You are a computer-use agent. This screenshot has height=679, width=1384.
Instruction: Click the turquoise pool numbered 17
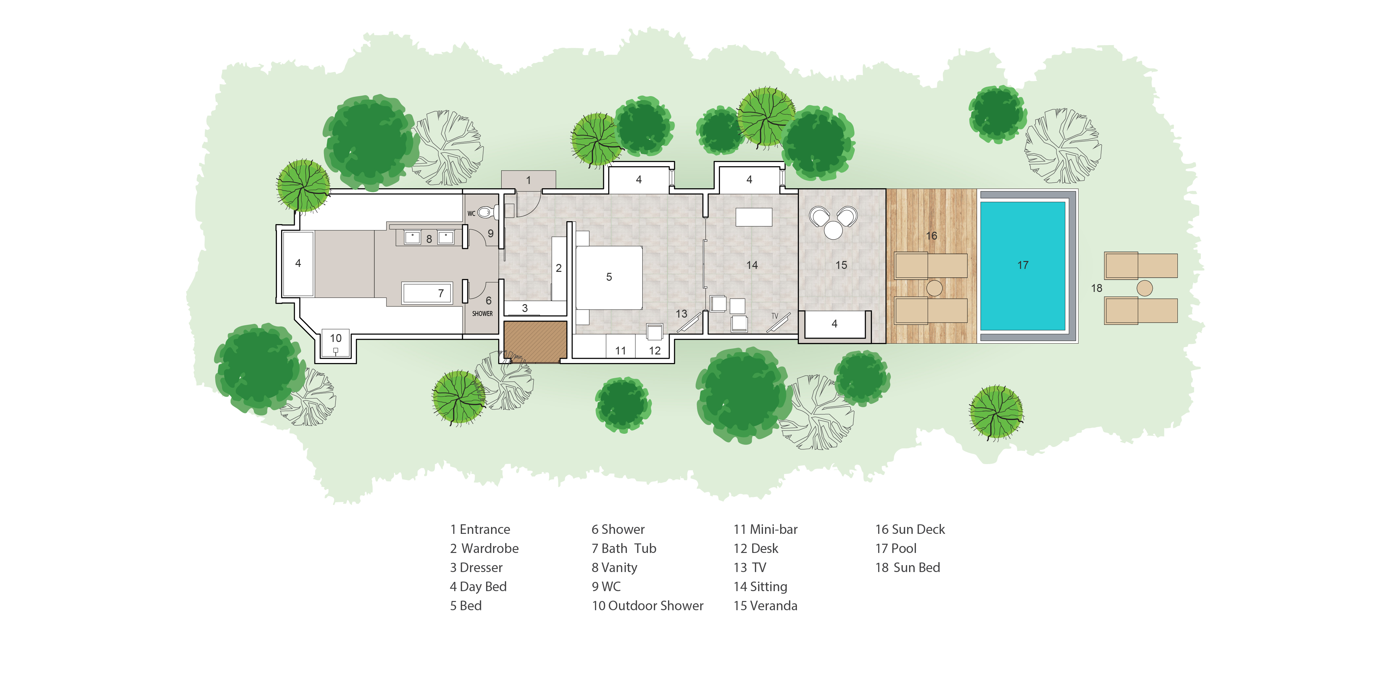(1023, 266)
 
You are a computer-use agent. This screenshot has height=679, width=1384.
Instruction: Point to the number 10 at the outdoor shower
(336, 338)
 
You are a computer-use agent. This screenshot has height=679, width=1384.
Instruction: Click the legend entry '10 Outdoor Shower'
(647, 606)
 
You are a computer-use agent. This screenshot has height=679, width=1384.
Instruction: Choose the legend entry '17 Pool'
(896, 548)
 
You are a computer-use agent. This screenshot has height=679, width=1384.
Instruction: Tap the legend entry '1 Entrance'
(480, 530)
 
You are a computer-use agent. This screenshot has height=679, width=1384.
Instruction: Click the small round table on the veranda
(833, 231)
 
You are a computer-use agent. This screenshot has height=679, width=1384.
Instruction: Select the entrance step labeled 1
(529, 180)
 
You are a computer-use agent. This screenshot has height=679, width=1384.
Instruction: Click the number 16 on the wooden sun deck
(932, 236)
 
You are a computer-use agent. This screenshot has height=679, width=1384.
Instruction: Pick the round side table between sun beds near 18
(1145, 289)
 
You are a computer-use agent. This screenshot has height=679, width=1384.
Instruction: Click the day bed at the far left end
(298, 263)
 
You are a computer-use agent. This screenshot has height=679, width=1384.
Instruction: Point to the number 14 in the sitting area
(752, 265)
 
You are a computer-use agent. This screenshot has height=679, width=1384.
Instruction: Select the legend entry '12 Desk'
(756, 548)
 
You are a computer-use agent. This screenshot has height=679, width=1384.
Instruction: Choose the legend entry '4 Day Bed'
(478, 587)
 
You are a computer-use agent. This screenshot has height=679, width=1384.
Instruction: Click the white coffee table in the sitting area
(754, 217)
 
